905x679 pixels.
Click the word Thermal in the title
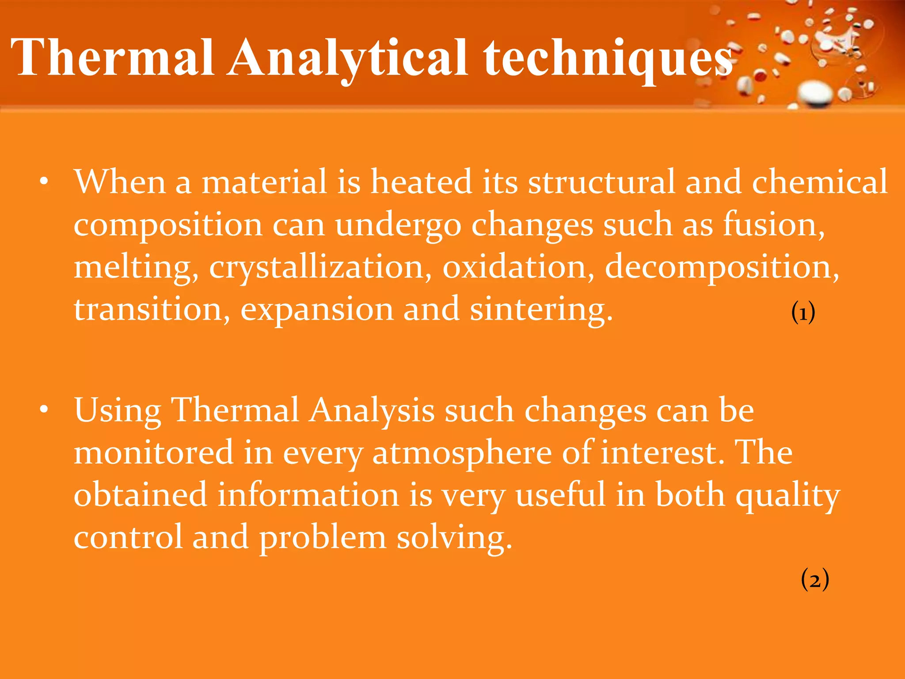(113, 57)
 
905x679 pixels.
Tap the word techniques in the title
(608, 57)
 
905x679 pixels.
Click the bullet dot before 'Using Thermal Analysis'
(43, 410)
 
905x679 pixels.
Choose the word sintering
(541, 309)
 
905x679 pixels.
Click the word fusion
(773, 225)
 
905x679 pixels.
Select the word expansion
(316, 309)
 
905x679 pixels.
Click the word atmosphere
(462, 453)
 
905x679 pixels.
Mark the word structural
(601, 182)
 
